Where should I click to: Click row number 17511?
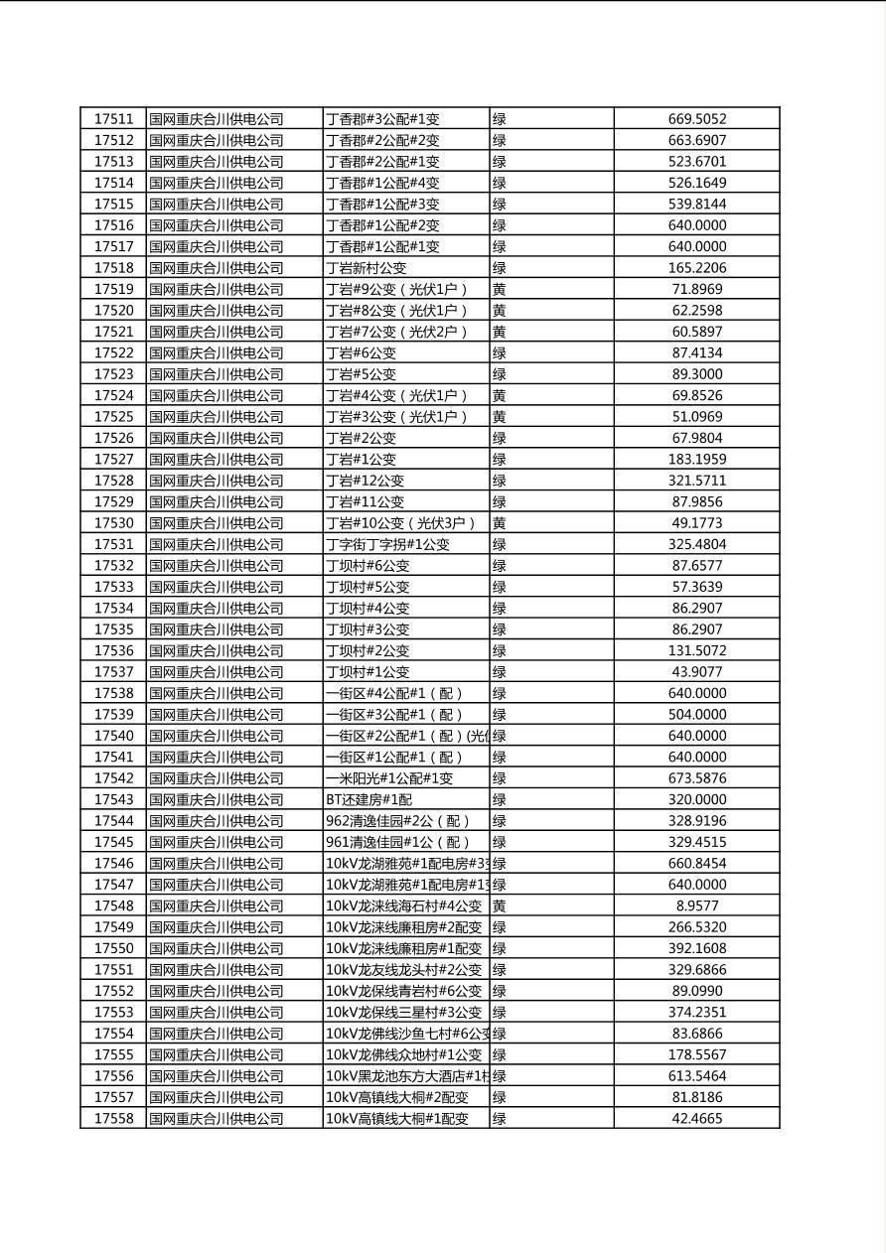pos(113,119)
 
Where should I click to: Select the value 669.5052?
pos(697,119)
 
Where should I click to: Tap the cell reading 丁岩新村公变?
pos(367,268)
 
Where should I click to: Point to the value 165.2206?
pos(697,268)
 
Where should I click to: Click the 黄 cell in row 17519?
pos(500,289)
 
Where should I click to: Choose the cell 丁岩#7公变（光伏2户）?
pos(396,332)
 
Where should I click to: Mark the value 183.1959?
pos(697,459)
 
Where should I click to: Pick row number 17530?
pos(113,523)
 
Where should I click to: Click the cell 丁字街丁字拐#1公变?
pos(388,544)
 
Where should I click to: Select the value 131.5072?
pos(697,650)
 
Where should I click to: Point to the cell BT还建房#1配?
pos(369,799)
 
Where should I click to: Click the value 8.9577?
pos(697,905)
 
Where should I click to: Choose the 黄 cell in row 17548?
pos(500,905)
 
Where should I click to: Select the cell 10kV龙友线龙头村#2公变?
pos(404,969)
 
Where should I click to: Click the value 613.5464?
pos(697,1075)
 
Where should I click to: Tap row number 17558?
pos(113,1118)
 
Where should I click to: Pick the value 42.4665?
pos(697,1118)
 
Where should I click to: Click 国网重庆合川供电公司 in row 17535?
pos(217,629)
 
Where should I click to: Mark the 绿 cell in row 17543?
pos(500,799)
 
